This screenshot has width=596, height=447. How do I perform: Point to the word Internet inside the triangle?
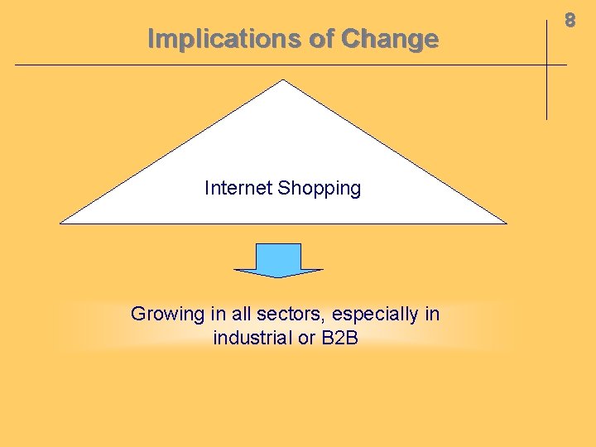coord(238,189)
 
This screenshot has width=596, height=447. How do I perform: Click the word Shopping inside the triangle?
coord(320,189)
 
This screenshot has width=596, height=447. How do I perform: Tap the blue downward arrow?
coord(279,259)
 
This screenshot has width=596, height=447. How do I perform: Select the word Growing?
coord(167,315)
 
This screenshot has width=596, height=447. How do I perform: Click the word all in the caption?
coord(240,315)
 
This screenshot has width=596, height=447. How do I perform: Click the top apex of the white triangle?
coord(283,81)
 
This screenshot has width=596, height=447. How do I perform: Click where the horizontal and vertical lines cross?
coord(547,65)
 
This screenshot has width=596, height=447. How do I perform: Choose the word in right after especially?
coord(432,315)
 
